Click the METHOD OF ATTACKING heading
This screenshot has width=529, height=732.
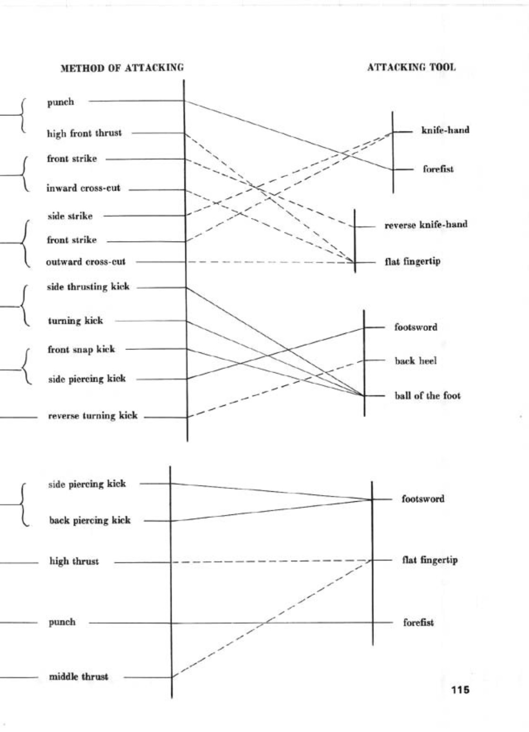122,68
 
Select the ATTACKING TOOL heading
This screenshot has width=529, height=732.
411,67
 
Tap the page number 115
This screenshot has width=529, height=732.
460,690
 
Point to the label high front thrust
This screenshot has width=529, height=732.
84,133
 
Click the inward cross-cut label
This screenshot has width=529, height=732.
83,188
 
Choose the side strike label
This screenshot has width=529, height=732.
70,216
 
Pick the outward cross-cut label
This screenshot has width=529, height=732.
86,262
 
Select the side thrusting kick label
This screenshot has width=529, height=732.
88,287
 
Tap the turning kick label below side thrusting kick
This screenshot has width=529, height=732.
75,321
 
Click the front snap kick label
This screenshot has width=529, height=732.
81,349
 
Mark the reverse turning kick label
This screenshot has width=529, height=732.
93,416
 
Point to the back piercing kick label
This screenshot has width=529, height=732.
90,521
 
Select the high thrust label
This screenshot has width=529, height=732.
74,562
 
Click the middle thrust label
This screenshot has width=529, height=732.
78,677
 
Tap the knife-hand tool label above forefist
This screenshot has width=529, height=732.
445,130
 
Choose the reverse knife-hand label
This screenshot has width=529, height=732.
425,225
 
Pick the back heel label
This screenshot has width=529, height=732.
416,361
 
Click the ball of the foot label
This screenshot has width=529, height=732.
427,396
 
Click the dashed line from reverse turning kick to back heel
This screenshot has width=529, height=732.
277,388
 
